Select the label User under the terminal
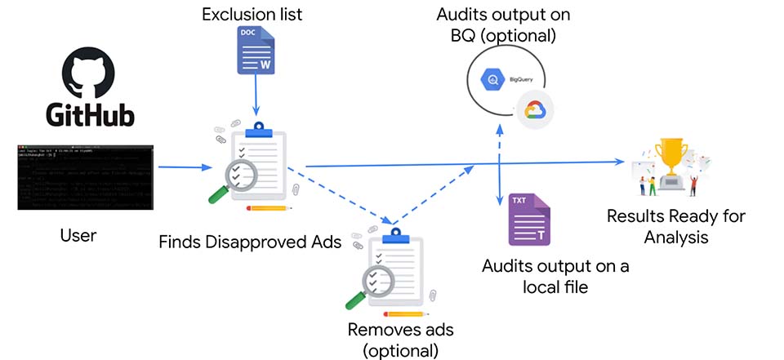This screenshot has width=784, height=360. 78,237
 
